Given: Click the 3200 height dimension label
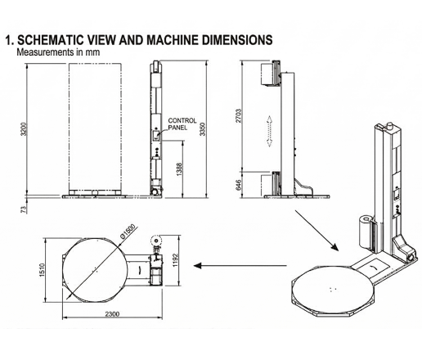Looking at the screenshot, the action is coord(25,129).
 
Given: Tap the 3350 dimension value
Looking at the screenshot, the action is coord(202,129).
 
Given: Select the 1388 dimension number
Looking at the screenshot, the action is coord(179,169).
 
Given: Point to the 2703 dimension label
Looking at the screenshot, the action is coord(239,116).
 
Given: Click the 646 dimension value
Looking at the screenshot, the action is coord(239,185).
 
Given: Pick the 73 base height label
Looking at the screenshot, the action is coord(24,209).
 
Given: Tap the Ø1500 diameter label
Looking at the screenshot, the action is coord(128,232).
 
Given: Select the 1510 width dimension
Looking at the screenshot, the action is coord(42,270).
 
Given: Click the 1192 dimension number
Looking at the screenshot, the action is coord(175,260).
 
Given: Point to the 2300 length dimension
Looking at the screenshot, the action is coord(112,314).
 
